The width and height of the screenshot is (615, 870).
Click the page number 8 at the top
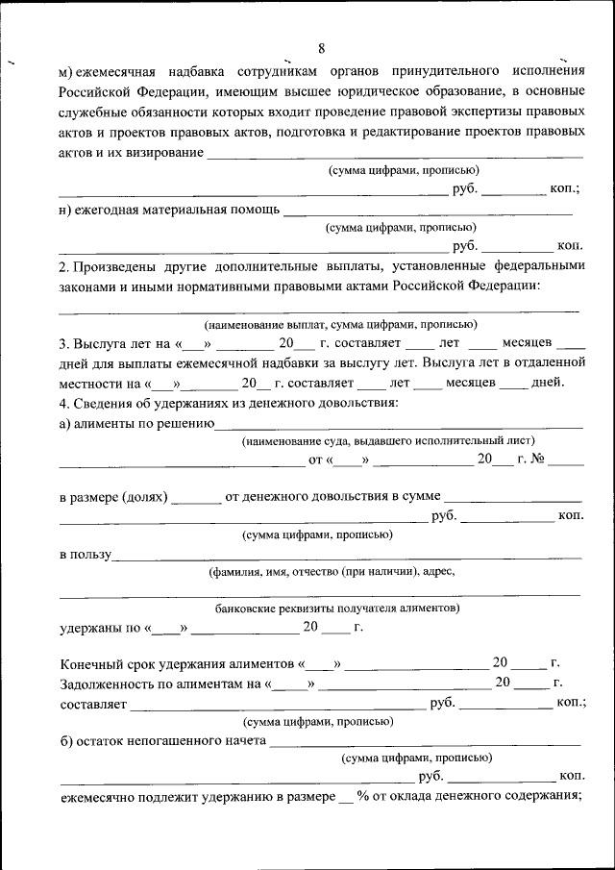321,48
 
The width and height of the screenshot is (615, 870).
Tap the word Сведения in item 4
107,402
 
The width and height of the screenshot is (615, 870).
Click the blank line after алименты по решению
398,424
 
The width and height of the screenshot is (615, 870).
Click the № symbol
537,459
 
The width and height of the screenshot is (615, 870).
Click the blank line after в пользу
346,556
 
